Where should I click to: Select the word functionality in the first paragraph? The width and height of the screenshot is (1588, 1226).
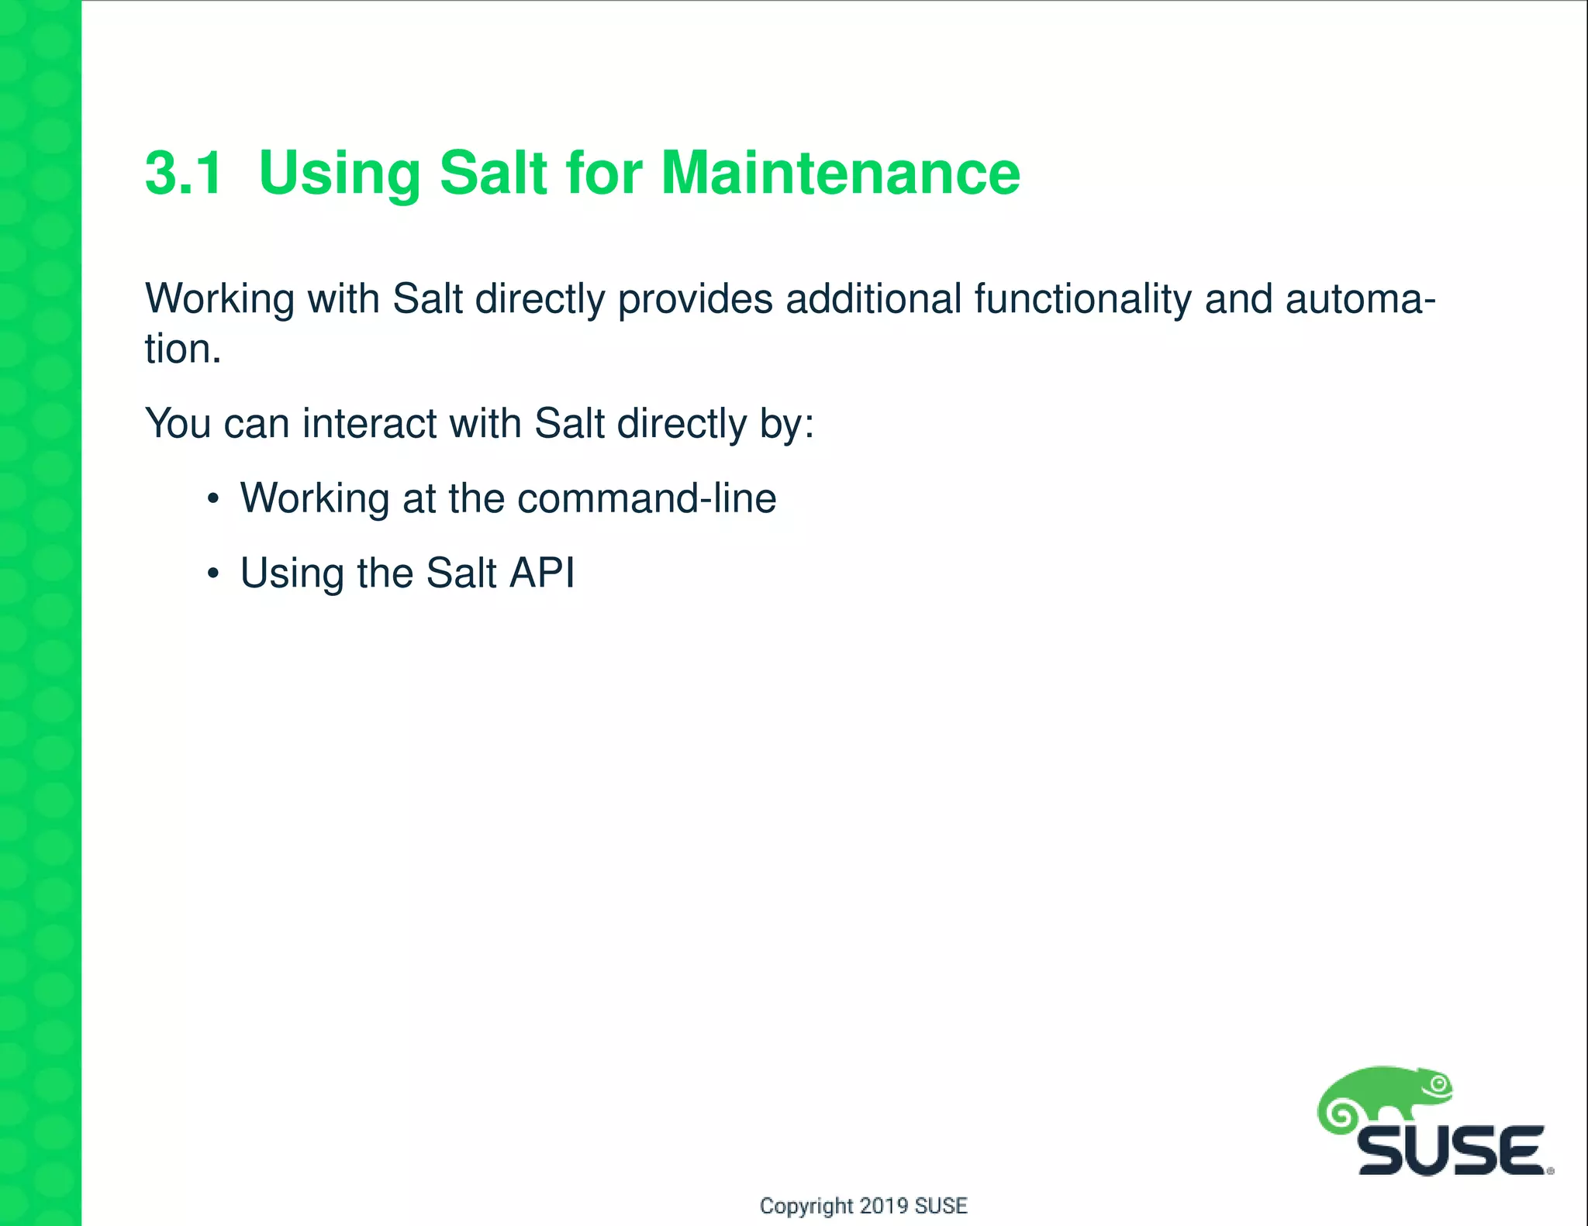1082,299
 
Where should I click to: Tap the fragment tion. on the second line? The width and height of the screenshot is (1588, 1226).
183,350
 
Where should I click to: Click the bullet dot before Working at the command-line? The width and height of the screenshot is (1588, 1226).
213,499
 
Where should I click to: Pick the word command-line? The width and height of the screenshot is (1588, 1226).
647,498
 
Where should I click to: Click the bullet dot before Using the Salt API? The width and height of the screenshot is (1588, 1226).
213,574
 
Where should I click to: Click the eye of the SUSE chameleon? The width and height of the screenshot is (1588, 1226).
1440,1084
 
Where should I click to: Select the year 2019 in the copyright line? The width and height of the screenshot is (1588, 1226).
884,1206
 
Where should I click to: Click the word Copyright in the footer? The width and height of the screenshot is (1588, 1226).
806,1206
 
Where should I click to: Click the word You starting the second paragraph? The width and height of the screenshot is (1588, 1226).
178,424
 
